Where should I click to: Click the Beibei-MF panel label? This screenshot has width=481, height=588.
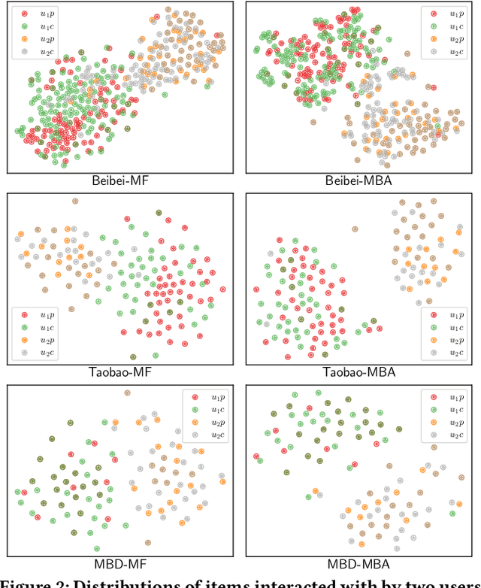point(119,181)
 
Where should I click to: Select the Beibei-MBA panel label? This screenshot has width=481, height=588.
point(358,181)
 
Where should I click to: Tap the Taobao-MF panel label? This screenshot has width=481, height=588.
point(119,372)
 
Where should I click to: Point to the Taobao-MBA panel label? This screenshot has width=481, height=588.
point(358,372)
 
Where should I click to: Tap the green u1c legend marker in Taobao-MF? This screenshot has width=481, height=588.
point(25,327)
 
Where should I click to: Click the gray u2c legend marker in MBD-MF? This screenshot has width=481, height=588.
point(195,434)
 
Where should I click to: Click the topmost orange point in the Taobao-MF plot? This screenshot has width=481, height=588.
point(74,201)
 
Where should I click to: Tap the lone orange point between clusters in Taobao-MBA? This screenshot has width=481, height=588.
point(355,229)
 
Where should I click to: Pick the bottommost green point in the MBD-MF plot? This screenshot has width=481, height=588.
point(97,549)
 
